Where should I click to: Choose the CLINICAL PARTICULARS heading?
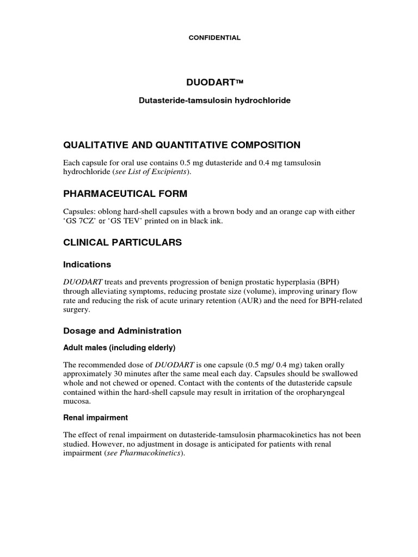pyautogui.click(x=122, y=243)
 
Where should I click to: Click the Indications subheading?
pyautogui.click(x=87, y=264)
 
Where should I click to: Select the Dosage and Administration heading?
pyautogui.click(x=122, y=331)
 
